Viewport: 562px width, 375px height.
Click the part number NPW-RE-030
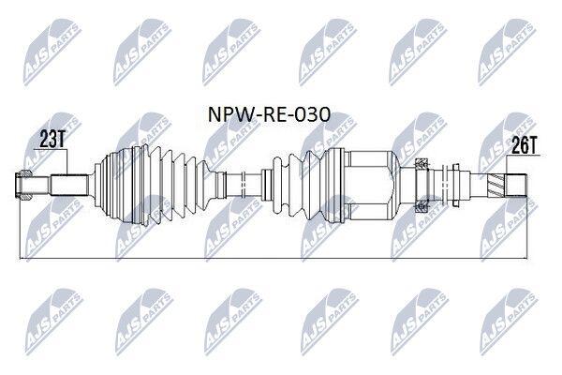[269, 114]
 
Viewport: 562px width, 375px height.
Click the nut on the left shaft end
[23, 186]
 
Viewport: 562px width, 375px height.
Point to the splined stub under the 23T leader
[69, 186]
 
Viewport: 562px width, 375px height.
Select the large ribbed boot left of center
[155, 186]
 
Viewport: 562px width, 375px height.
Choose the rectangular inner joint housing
[369, 186]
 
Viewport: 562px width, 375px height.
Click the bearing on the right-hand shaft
[421, 186]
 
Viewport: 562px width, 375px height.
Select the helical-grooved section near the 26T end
[495, 186]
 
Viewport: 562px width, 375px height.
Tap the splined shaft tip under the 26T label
[516, 186]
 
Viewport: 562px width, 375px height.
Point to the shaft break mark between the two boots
[244, 186]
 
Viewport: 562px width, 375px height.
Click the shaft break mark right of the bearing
[445, 186]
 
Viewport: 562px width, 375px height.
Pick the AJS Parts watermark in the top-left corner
[52, 52]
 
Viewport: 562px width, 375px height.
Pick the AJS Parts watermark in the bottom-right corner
[508, 322]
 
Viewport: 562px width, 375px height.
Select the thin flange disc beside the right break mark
[456, 186]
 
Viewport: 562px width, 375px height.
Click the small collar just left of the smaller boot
[266, 186]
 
